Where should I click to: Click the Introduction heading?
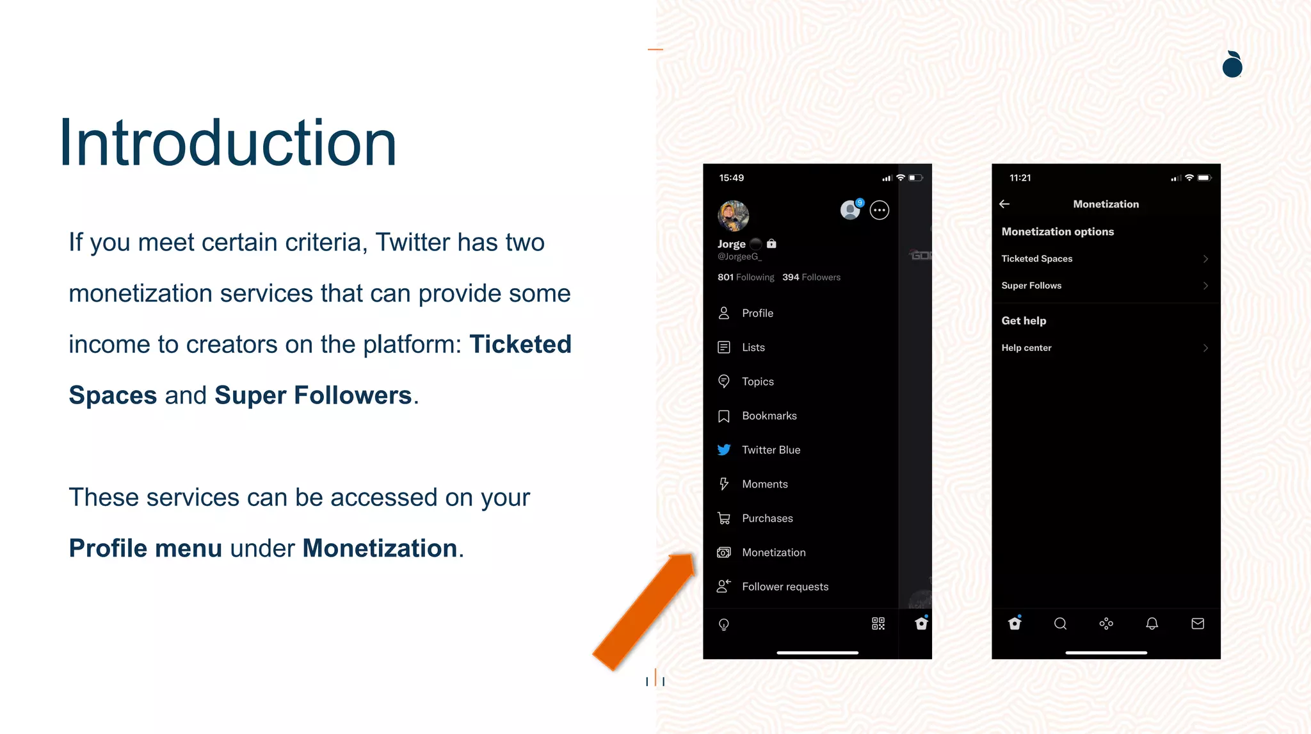click(x=228, y=143)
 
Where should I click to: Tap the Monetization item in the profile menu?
click(x=773, y=552)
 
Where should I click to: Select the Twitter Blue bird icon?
click(x=724, y=450)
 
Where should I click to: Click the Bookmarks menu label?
click(x=769, y=416)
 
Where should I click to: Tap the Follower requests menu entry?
click(x=785, y=587)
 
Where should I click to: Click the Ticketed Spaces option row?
click(x=1105, y=259)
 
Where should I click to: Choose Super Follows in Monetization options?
click(x=1105, y=286)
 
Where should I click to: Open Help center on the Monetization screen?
click(x=1105, y=348)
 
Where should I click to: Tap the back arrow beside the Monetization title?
click(x=1004, y=204)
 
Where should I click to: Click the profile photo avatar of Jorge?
click(x=733, y=216)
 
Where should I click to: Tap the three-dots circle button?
click(x=880, y=210)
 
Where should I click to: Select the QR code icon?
click(x=878, y=624)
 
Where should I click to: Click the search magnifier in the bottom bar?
click(x=1060, y=624)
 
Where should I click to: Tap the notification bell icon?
click(x=1152, y=624)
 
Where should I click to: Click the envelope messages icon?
click(x=1198, y=624)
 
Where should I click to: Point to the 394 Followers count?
click(x=811, y=277)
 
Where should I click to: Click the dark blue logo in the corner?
click(x=1232, y=65)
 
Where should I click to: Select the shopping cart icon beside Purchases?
click(x=724, y=518)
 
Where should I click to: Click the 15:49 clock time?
click(x=731, y=178)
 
